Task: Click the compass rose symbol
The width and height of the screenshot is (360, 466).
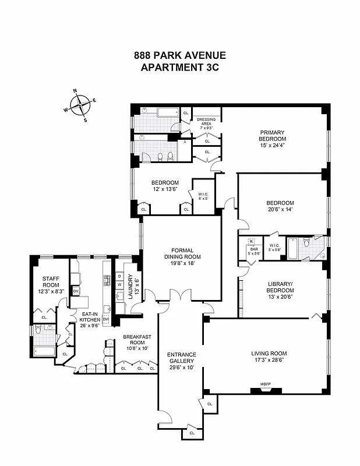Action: click(x=80, y=105)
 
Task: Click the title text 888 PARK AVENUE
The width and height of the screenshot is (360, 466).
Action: click(x=179, y=56)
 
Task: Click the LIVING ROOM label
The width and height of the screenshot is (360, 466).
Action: click(x=269, y=352)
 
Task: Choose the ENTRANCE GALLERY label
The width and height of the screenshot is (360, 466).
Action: click(x=181, y=358)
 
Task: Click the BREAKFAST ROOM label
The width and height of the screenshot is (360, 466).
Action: click(x=137, y=340)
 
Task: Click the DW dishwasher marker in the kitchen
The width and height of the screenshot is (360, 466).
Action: click(x=106, y=319)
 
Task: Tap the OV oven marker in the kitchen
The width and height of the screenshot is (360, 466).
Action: click(x=76, y=291)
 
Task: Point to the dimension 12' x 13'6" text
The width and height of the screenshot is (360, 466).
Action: click(x=165, y=189)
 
